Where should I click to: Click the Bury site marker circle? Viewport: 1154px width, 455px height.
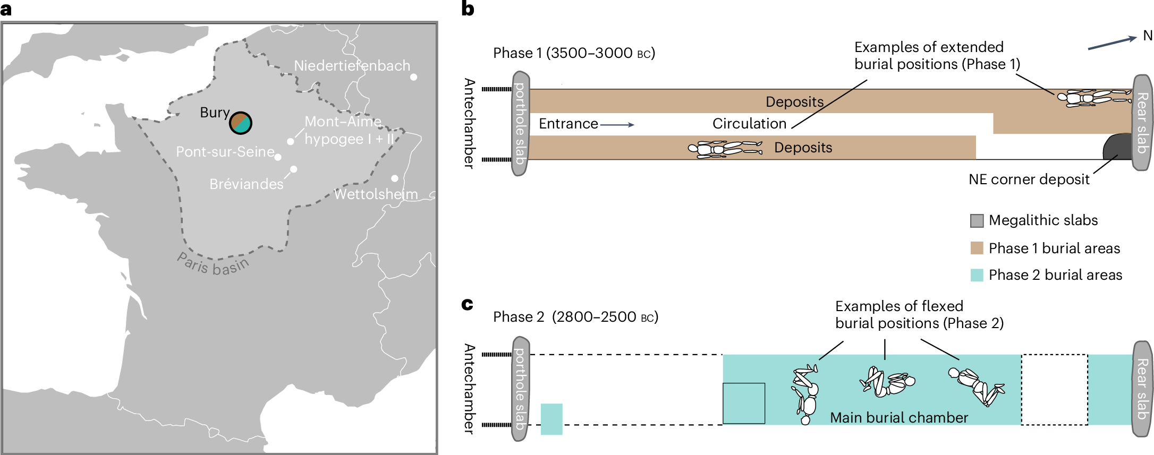(241, 123)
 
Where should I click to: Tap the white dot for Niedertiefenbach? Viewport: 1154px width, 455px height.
(413, 77)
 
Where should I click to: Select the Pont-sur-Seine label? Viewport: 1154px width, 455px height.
(225, 152)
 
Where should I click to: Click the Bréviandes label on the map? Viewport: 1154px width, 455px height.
(247, 184)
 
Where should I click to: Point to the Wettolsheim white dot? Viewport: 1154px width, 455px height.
(395, 178)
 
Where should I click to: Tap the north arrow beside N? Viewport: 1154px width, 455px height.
(1111, 43)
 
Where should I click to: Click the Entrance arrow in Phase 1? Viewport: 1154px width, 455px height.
(617, 125)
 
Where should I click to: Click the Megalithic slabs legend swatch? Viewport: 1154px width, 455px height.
(977, 221)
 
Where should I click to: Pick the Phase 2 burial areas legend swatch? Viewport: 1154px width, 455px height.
(977, 275)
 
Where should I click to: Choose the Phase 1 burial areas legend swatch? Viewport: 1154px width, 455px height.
(977, 248)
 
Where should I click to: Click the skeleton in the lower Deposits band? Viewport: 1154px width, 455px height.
(725, 148)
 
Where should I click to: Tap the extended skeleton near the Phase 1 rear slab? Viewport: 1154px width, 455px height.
(1093, 98)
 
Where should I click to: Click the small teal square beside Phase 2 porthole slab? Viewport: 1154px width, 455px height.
(551, 419)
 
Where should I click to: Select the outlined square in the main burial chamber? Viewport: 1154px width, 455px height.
(744, 404)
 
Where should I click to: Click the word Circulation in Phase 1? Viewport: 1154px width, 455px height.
(749, 124)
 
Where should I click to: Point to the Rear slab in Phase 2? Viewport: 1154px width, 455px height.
(1142, 389)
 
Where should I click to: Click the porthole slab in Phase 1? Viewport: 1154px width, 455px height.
(520, 124)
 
